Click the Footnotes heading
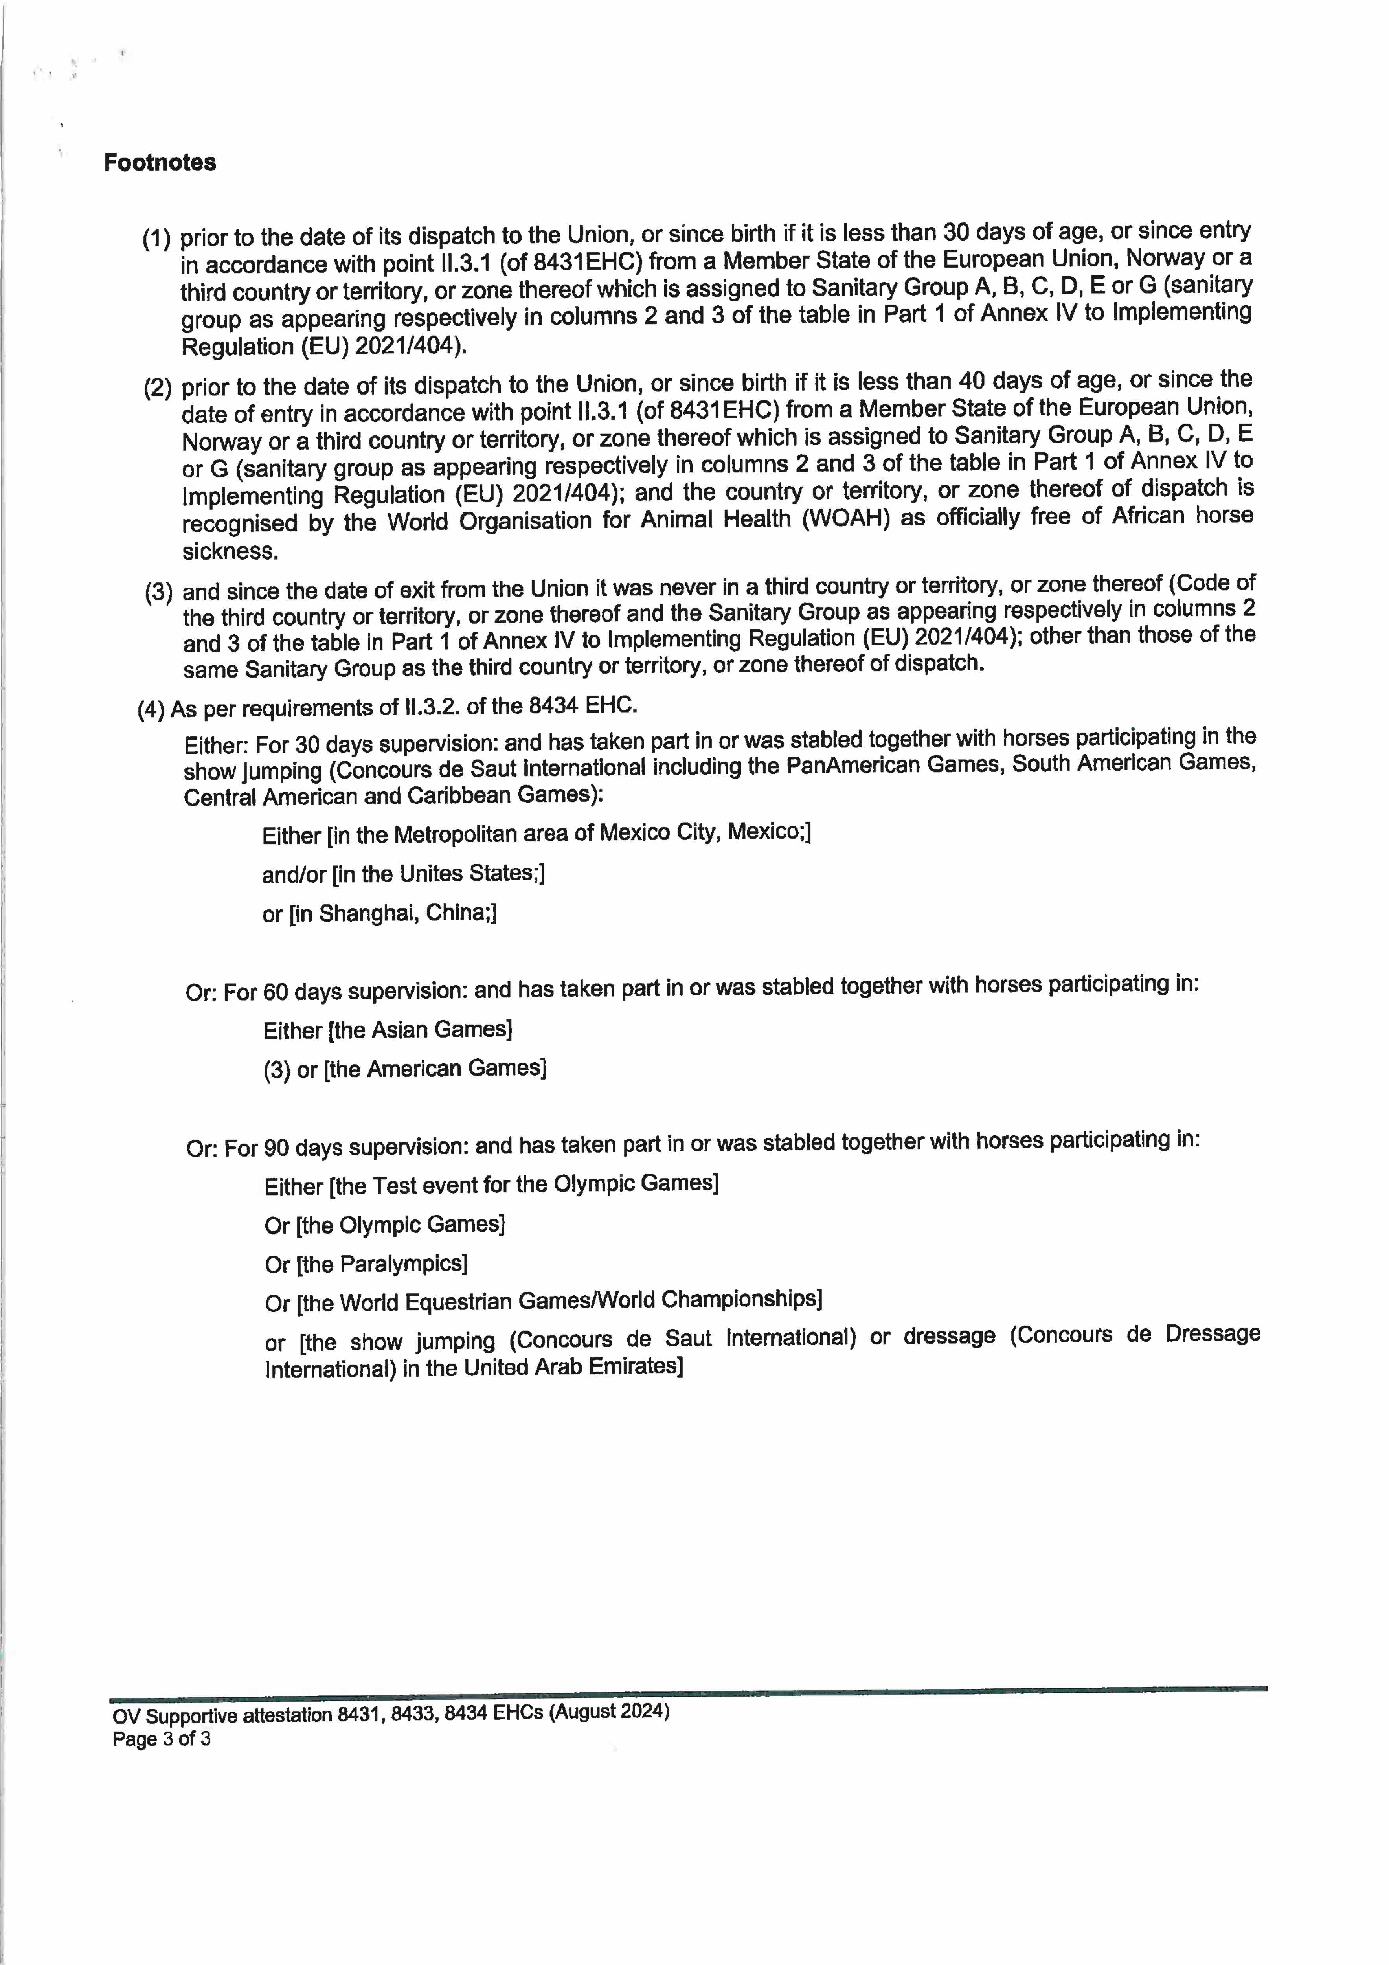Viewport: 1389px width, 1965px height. (160, 163)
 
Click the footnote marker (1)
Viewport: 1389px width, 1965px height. (156, 239)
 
